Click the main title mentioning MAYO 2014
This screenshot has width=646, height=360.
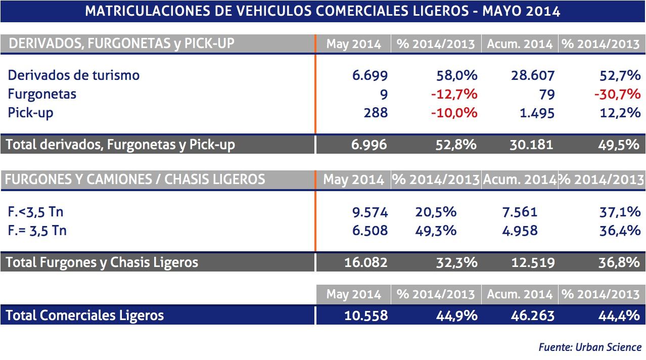(322, 11)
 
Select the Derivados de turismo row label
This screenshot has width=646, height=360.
(74, 75)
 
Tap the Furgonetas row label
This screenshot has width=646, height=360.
(42, 94)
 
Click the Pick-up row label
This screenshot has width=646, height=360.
(30, 112)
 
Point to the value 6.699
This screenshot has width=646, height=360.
(370, 76)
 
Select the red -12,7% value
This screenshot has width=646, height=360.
(454, 94)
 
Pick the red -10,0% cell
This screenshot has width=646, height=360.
(454, 112)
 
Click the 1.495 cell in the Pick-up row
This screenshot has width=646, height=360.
(537, 112)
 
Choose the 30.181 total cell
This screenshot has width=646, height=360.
(530, 145)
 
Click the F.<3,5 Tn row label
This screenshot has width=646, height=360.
(35, 212)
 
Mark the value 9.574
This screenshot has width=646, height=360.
(370, 212)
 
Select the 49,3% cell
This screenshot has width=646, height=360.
(436, 231)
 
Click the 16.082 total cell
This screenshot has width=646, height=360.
(366, 262)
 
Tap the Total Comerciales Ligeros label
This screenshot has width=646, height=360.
(85, 316)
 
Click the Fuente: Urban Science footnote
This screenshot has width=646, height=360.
(590, 347)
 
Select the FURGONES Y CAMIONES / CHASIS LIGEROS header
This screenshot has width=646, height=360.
(134, 179)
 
